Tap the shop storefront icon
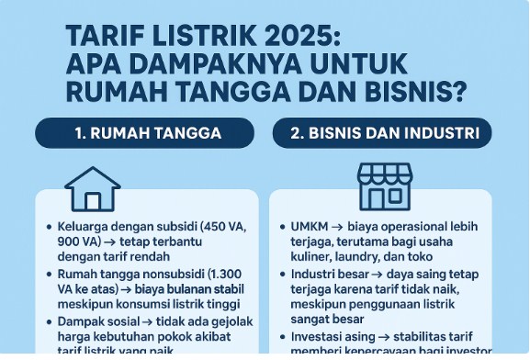point(385,186)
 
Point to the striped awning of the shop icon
point(385,174)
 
